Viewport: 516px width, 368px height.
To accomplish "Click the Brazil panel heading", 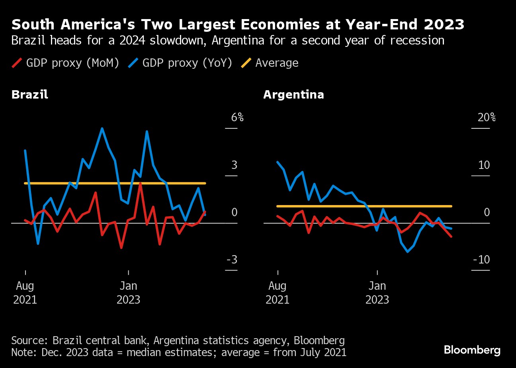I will (30, 95).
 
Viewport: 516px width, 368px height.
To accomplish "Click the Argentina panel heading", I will (293, 95).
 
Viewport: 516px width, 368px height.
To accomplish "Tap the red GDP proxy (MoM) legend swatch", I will (17, 63).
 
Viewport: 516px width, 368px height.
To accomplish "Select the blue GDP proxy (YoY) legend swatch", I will (133, 63).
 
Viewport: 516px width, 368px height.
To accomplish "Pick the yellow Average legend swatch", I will (246, 63).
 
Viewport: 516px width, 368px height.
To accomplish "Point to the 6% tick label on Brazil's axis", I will (237, 118).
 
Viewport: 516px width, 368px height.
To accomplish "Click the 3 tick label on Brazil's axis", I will (234, 165).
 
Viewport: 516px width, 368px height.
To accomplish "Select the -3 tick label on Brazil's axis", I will (232, 260).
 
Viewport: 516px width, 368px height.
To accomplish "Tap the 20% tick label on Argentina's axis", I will (487, 118).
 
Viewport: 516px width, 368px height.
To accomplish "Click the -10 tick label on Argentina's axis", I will (481, 260).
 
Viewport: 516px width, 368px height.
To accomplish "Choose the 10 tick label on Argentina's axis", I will (484, 165).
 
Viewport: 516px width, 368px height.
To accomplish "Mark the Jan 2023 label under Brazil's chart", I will (128, 292).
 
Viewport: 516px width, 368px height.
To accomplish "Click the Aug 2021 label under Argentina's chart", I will (278, 292).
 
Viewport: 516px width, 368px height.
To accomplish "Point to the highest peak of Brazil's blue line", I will (102, 128).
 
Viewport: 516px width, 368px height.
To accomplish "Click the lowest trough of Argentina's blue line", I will (407, 252).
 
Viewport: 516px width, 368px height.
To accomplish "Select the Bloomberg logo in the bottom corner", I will (472, 350).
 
